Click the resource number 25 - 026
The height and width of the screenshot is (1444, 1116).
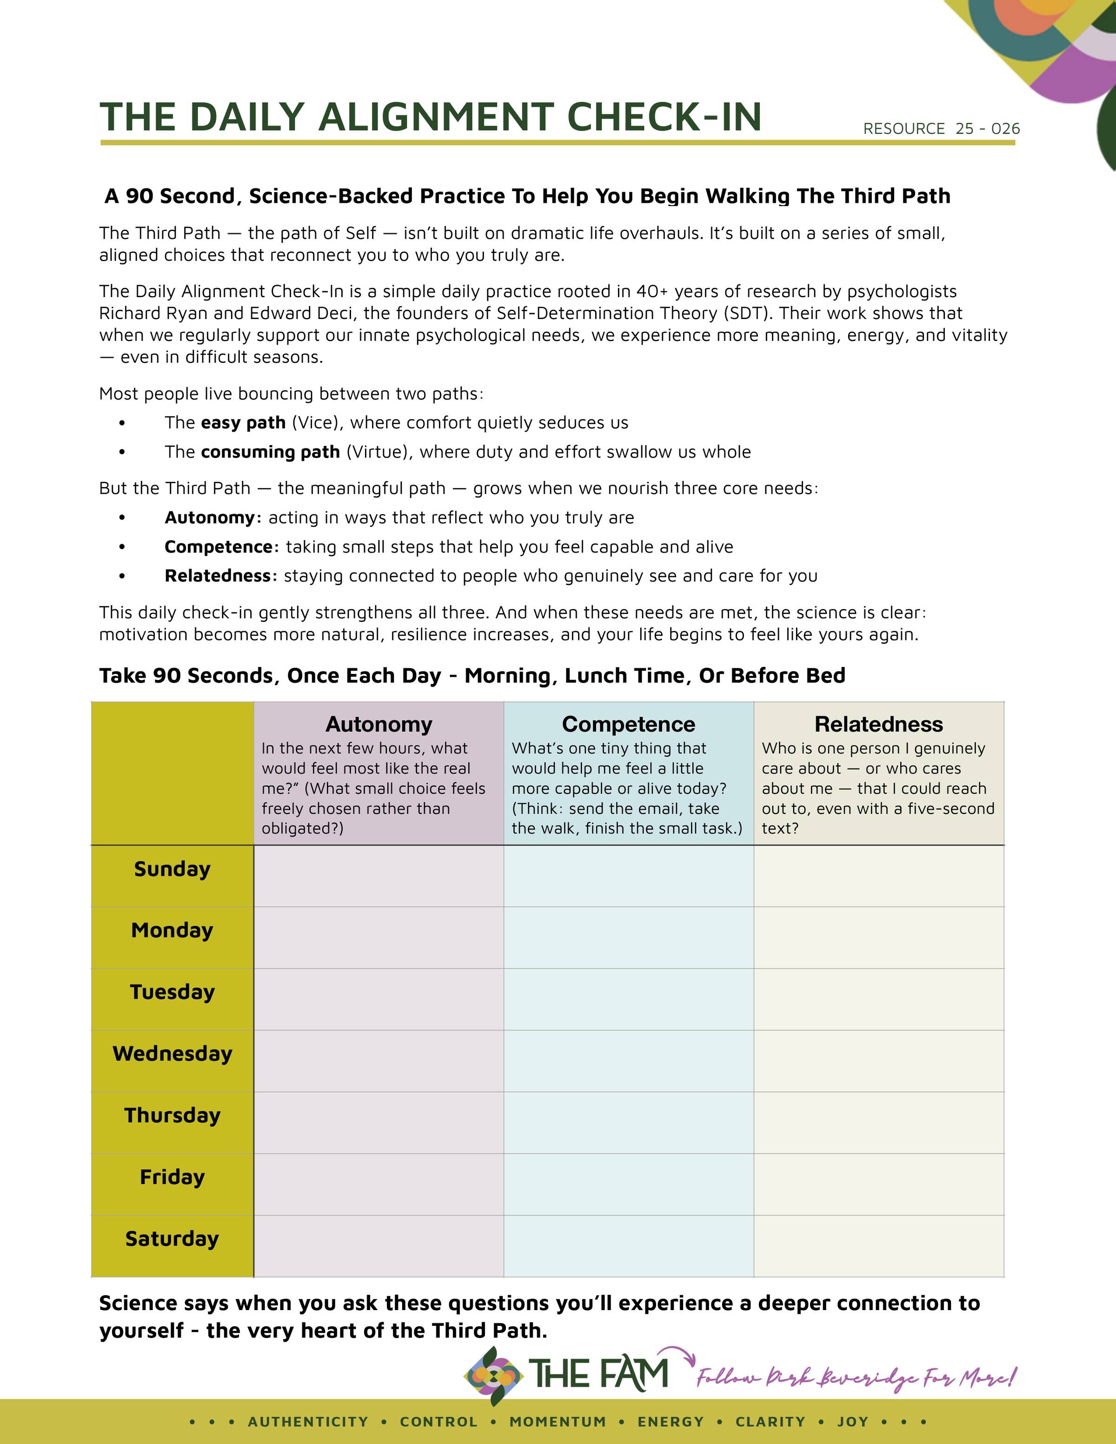pos(987,128)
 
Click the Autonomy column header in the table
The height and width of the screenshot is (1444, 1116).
pos(379,724)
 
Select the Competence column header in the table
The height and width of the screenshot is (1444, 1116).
pos(628,724)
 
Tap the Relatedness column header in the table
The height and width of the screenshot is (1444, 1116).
pos(879,724)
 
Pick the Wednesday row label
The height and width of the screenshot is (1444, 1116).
pos(172,1053)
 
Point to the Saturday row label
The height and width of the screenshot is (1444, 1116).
pos(172,1238)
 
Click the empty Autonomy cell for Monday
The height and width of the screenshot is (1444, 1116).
pos(379,937)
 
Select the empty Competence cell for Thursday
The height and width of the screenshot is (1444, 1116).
pos(628,1122)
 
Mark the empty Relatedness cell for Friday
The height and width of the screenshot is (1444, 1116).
pos(879,1184)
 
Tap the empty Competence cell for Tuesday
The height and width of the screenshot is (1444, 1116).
pos(628,998)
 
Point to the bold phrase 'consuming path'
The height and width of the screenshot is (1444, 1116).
pos(270,452)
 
